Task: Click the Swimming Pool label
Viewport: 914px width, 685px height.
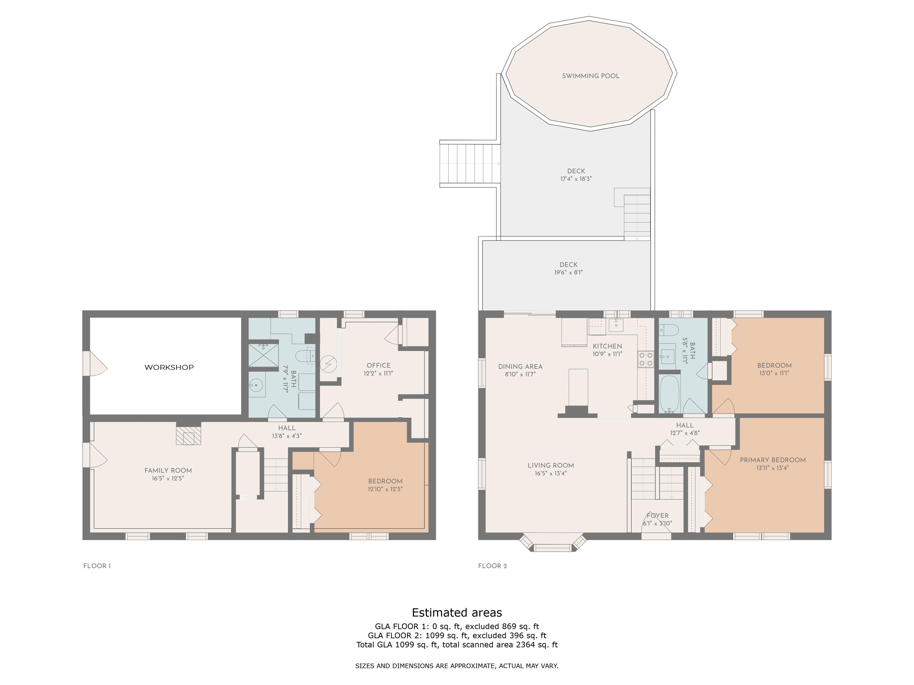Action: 591,76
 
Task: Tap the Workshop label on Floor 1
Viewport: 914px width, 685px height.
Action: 169,367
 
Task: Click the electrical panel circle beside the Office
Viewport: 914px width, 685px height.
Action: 328,364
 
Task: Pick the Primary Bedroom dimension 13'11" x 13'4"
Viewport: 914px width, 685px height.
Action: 773,468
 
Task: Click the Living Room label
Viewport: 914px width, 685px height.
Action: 550,465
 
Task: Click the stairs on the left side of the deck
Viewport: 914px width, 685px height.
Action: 470,164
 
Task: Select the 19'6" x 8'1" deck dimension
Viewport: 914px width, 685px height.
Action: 569,273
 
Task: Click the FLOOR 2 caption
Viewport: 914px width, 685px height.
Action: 492,566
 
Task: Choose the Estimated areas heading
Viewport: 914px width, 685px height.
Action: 457,613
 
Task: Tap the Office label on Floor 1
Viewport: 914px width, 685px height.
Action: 378,365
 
